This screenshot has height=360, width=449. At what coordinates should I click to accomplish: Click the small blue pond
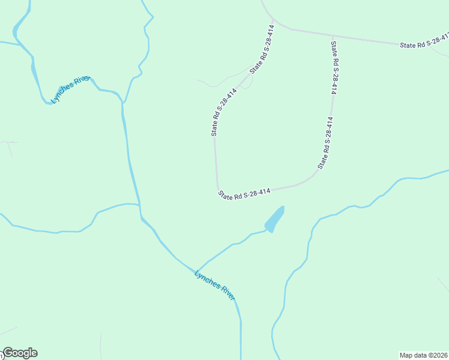(x=274, y=220)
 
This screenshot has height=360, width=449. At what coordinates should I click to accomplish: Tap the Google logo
(x=20, y=353)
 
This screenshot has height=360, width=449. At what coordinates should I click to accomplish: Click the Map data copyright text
(x=424, y=355)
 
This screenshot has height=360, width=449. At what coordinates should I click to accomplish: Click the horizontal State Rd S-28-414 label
(x=245, y=193)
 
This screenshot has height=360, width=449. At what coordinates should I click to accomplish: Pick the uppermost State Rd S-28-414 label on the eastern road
(x=334, y=67)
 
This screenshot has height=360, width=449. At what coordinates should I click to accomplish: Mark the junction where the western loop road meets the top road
(x=274, y=25)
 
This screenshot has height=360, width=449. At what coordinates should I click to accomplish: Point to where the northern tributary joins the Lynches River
(x=122, y=103)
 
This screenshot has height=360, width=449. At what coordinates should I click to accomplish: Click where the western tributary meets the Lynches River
(x=140, y=206)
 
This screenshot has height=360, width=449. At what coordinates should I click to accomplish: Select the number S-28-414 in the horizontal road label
(x=257, y=191)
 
